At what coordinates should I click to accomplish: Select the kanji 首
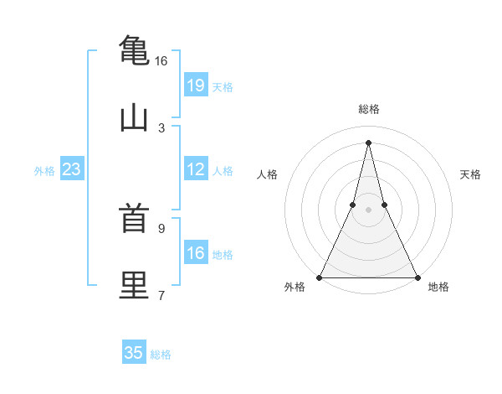coord(134,220)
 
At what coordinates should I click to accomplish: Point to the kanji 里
coord(134,285)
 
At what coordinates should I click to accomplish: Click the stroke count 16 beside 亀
coord(161,61)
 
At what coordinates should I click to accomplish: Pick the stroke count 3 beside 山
coord(161,127)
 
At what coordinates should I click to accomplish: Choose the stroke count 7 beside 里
coord(161,295)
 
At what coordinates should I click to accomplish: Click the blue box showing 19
coord(195,85)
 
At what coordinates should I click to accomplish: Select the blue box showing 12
coord(195,169)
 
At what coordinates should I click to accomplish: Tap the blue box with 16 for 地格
coord(195,253)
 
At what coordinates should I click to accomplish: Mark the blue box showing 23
coord(71,169)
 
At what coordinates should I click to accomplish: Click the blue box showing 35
coord(134,353)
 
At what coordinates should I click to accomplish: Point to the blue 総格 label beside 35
coord(161,355)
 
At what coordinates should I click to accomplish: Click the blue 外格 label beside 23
coord(44,171)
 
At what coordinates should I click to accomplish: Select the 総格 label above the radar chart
coord(369,109)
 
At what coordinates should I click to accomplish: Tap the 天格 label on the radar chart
coord(471,174)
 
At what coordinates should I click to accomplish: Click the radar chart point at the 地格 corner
coord(417,277)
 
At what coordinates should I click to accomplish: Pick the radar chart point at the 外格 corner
coord(320,277)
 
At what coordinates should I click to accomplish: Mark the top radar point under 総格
coord(368,143)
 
